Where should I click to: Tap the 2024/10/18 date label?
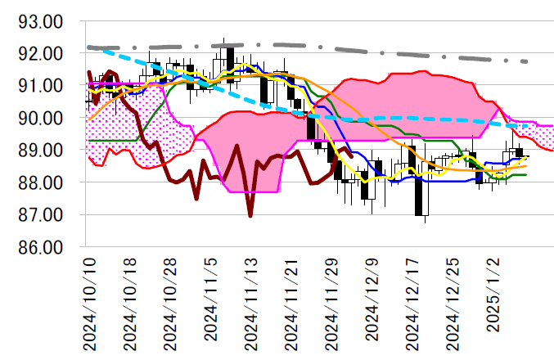(129, 300)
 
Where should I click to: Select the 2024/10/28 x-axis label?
(170, 300)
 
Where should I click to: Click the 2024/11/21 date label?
(292, 300)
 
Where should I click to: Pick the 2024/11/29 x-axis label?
(333, 300)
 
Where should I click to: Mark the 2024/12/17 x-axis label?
(415, 300)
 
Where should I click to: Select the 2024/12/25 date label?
(456, 300)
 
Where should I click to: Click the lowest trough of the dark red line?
(250, 216)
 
